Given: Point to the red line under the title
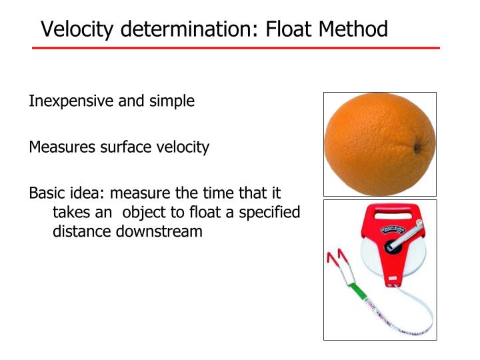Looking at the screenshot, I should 236,48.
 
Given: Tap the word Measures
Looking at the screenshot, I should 60,147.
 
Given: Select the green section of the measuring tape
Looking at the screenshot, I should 361,291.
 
